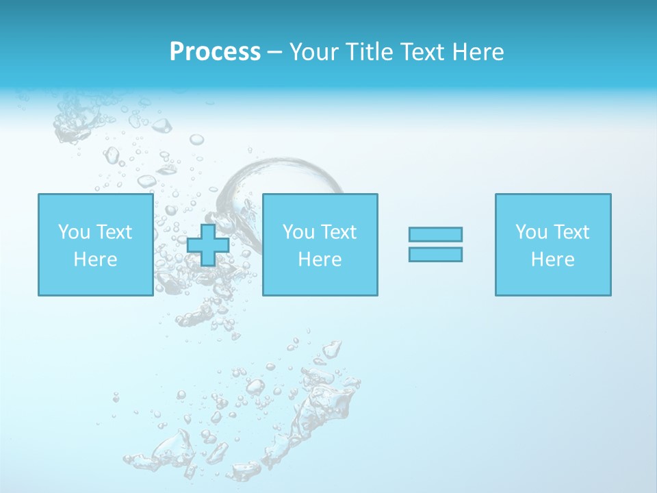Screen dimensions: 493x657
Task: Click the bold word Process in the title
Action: pos(215,52)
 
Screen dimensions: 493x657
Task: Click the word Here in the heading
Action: pos(480,52)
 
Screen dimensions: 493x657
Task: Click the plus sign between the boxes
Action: pos(208,244)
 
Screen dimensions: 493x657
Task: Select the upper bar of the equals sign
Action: pos(435,234)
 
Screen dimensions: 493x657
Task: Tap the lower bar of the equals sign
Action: pos(435,254)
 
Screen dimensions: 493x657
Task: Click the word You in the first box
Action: pos(73,232)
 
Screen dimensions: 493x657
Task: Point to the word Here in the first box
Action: pos(95,260)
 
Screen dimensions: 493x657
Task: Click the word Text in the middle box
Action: pos(337,232)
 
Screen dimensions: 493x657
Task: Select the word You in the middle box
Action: pos(298,232)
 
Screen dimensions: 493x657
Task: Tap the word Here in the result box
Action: pos(553,260)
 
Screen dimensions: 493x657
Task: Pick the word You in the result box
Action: pos(530,232)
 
